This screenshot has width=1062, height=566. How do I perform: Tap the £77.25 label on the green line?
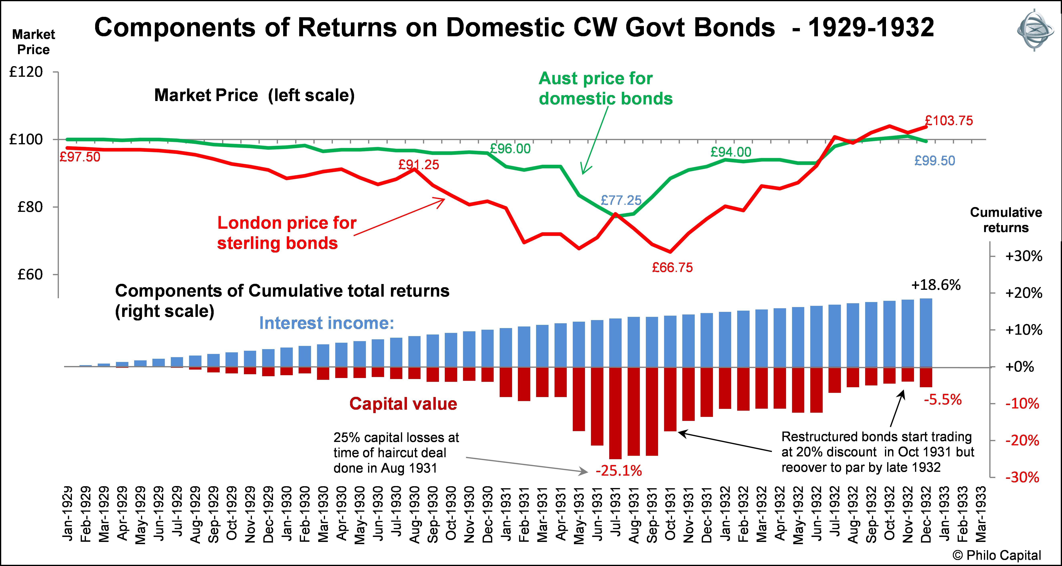621,200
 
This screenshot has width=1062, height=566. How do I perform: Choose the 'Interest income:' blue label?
326,323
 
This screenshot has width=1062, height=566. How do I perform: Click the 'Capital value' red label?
403,404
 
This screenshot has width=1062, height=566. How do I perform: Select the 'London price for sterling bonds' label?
287,233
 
